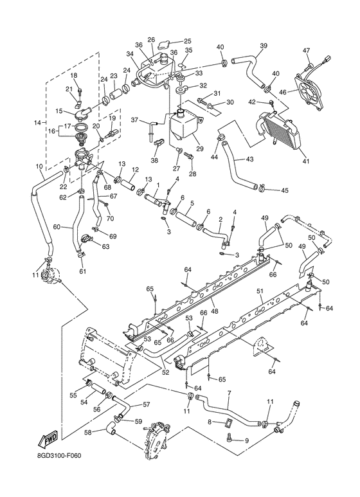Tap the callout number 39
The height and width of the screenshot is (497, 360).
(263, 46)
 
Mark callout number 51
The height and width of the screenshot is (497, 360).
(259, 291)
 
